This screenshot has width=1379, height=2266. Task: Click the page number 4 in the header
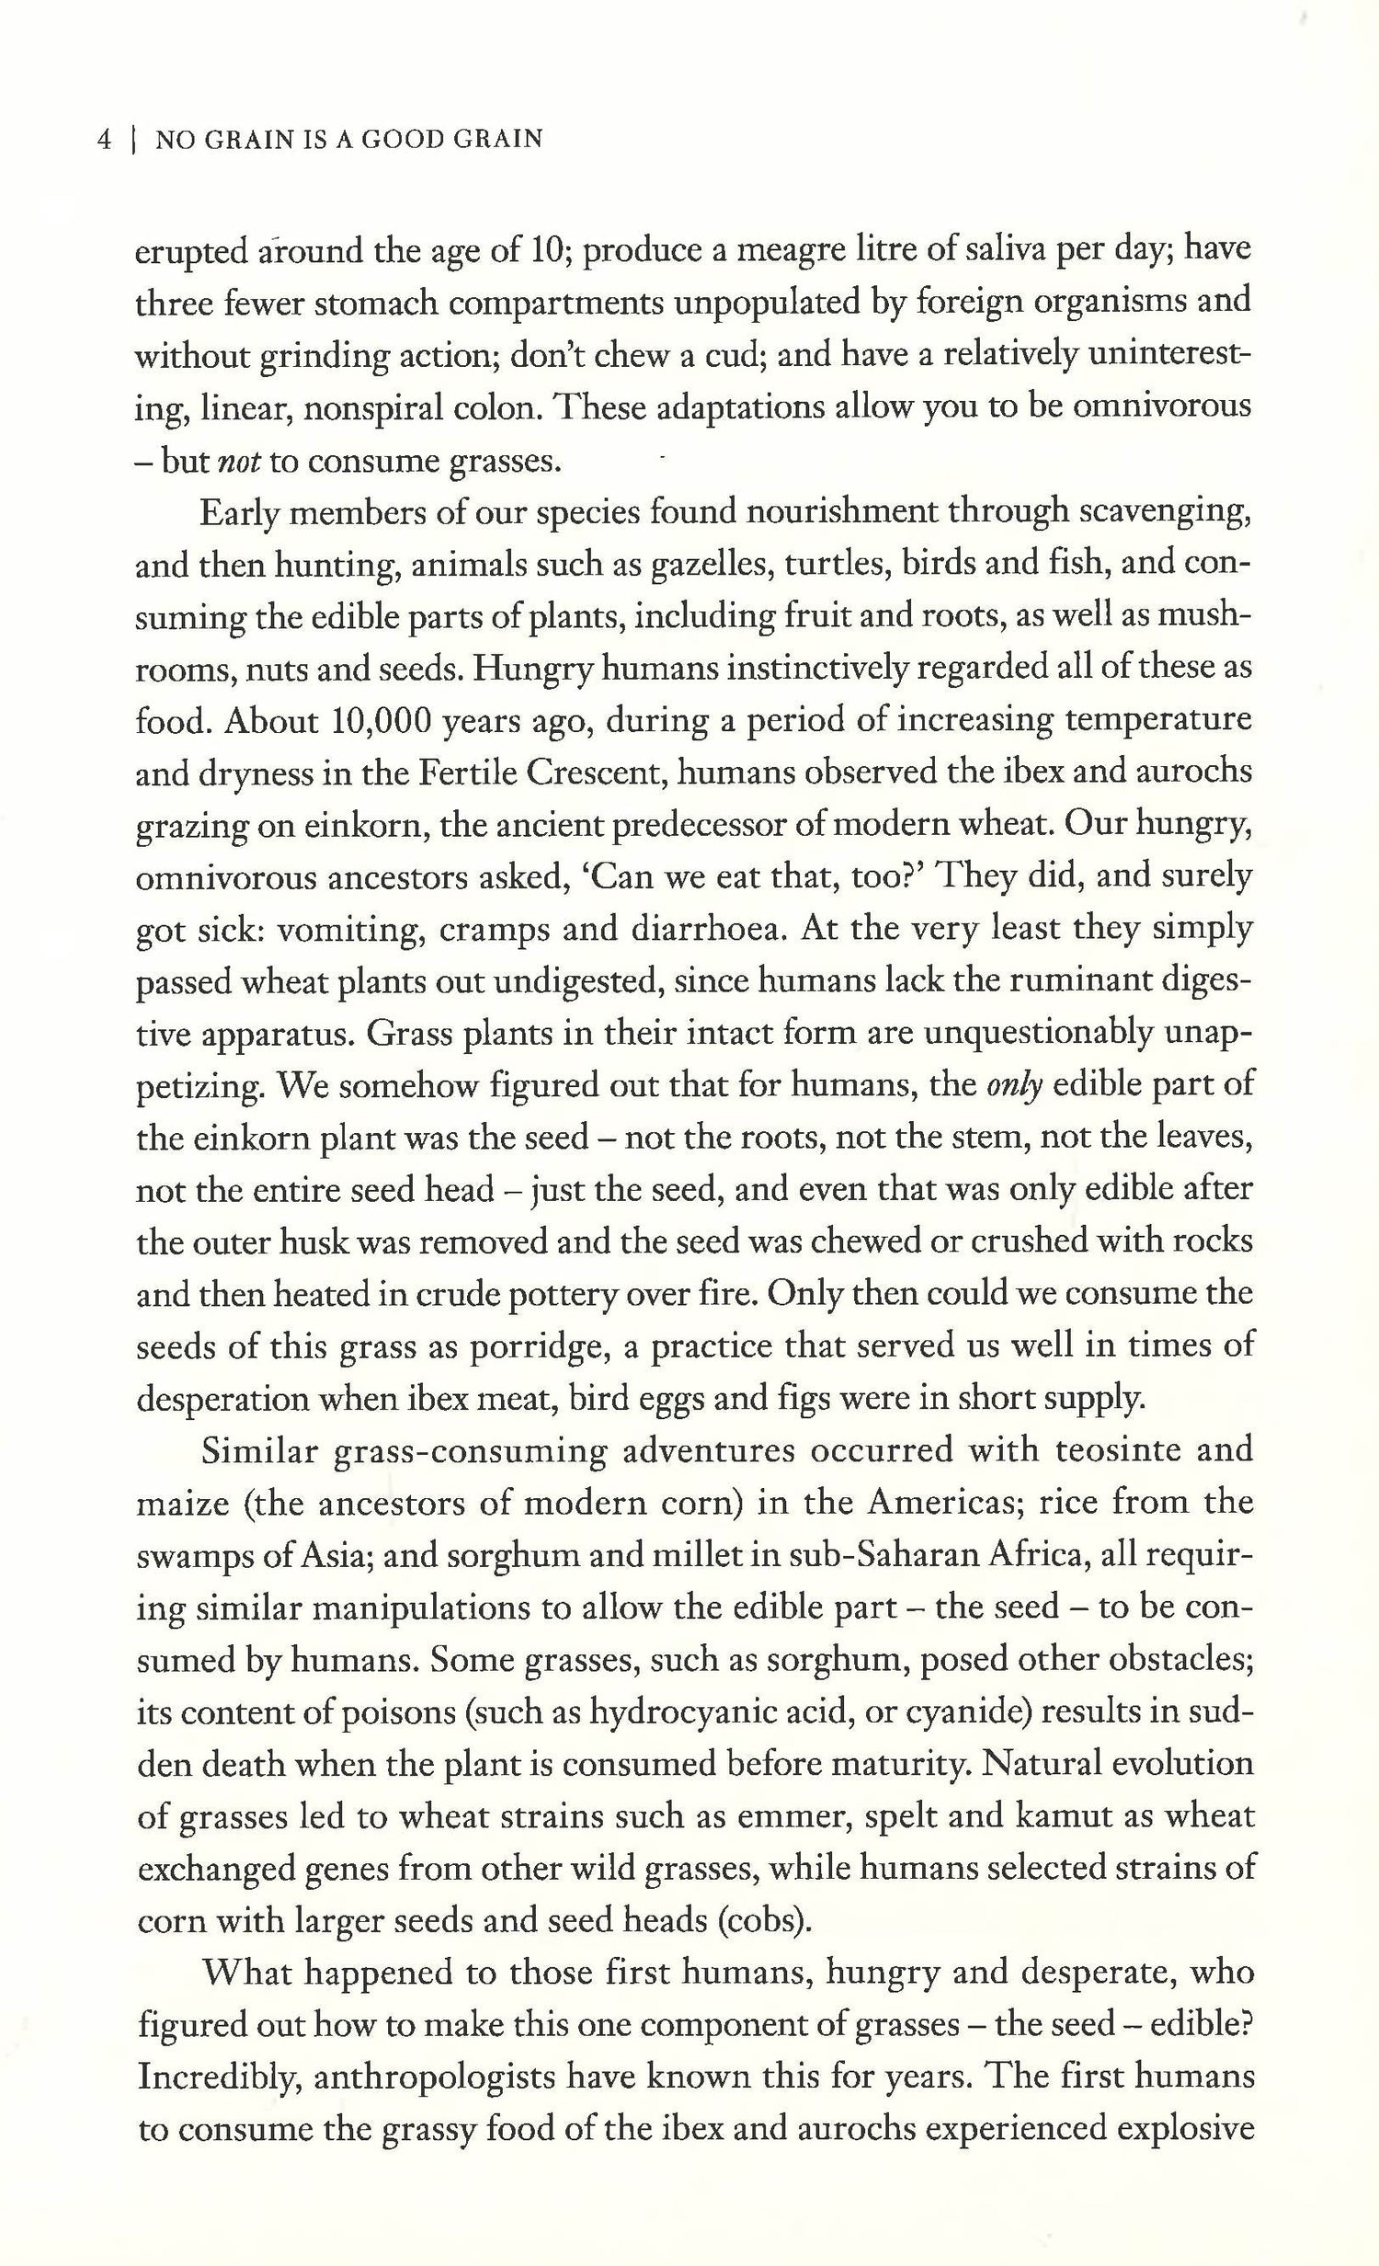click(104, 140)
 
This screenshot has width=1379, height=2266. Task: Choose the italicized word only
click(1014, 1086)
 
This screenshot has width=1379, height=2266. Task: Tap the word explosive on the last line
click(1180, 2130)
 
